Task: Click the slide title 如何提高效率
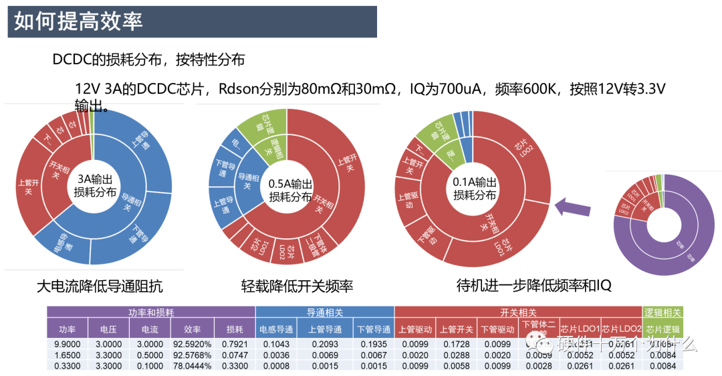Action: pos(79,21)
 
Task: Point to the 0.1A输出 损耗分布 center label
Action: pos(475,189)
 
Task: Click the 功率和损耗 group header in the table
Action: pos(151,312)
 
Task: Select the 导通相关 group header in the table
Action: pos(325,312)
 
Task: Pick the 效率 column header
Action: pos(192,329)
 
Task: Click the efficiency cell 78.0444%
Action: pos(192,366)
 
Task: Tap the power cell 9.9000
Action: pos(67,344)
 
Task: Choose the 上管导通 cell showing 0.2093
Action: pos(325,344)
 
